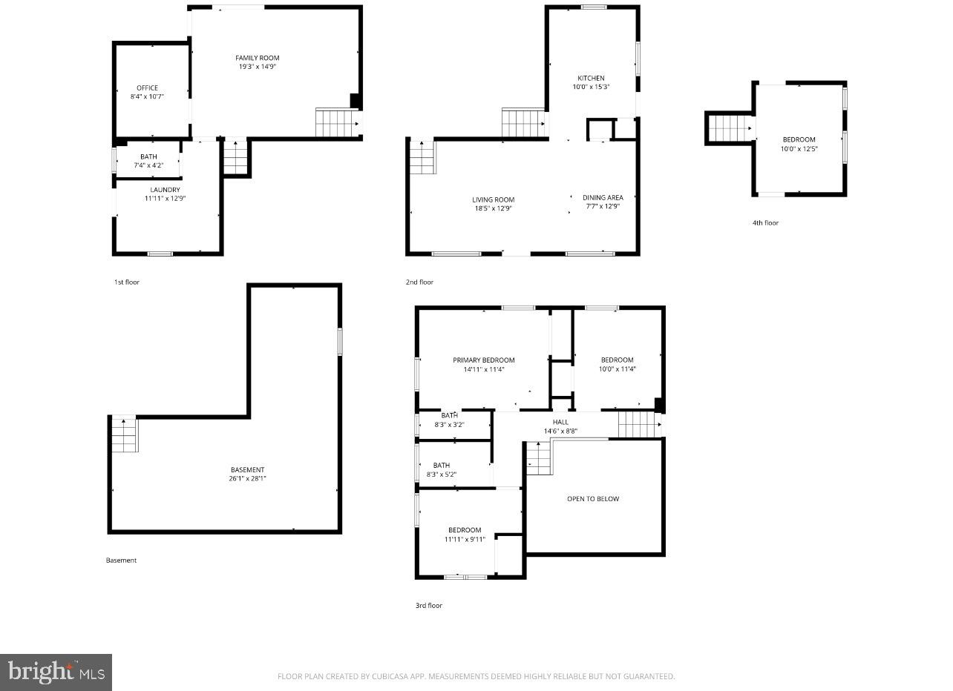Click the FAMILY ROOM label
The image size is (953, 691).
pos(257,58)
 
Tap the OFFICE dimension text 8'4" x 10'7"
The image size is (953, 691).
pos(147,96)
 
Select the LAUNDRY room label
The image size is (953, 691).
pos(165,190)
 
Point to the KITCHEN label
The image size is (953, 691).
pos(591,78)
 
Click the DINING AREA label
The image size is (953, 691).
pos(603,197)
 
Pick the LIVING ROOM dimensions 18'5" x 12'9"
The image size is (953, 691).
pos(493,208)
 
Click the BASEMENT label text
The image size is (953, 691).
pos(247,469)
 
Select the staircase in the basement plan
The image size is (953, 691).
pos(124,434)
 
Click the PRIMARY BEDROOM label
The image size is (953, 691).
pos(483,360)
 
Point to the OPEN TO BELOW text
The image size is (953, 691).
pos(592,499)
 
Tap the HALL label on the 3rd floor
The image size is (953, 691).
pos(560,422)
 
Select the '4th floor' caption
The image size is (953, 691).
pos(765,222)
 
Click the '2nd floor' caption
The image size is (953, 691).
pos(419,282)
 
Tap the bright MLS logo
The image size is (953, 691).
pos(56,672)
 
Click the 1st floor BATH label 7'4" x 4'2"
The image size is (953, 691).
pos(148,156)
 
